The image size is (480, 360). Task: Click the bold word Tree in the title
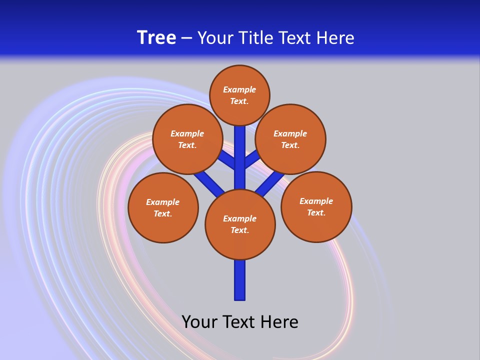click(x=156, y=38)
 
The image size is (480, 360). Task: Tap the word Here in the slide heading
click(x=335, y=38)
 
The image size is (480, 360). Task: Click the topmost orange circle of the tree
click(x=239, y=95)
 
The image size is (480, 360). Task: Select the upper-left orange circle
click(x=187, y=139)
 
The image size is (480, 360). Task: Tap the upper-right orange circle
click(x=290, y=139)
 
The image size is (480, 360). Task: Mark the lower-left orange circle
click(x=163, y=207)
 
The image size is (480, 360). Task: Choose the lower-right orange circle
click(x=316, y=206)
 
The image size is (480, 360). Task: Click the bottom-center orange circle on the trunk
click(x=240, y=224)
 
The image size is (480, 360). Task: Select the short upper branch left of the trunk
click(x=227, y=159)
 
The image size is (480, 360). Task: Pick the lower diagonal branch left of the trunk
click(x=209, y=182)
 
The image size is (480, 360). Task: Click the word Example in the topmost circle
click(x=239, y=89)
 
